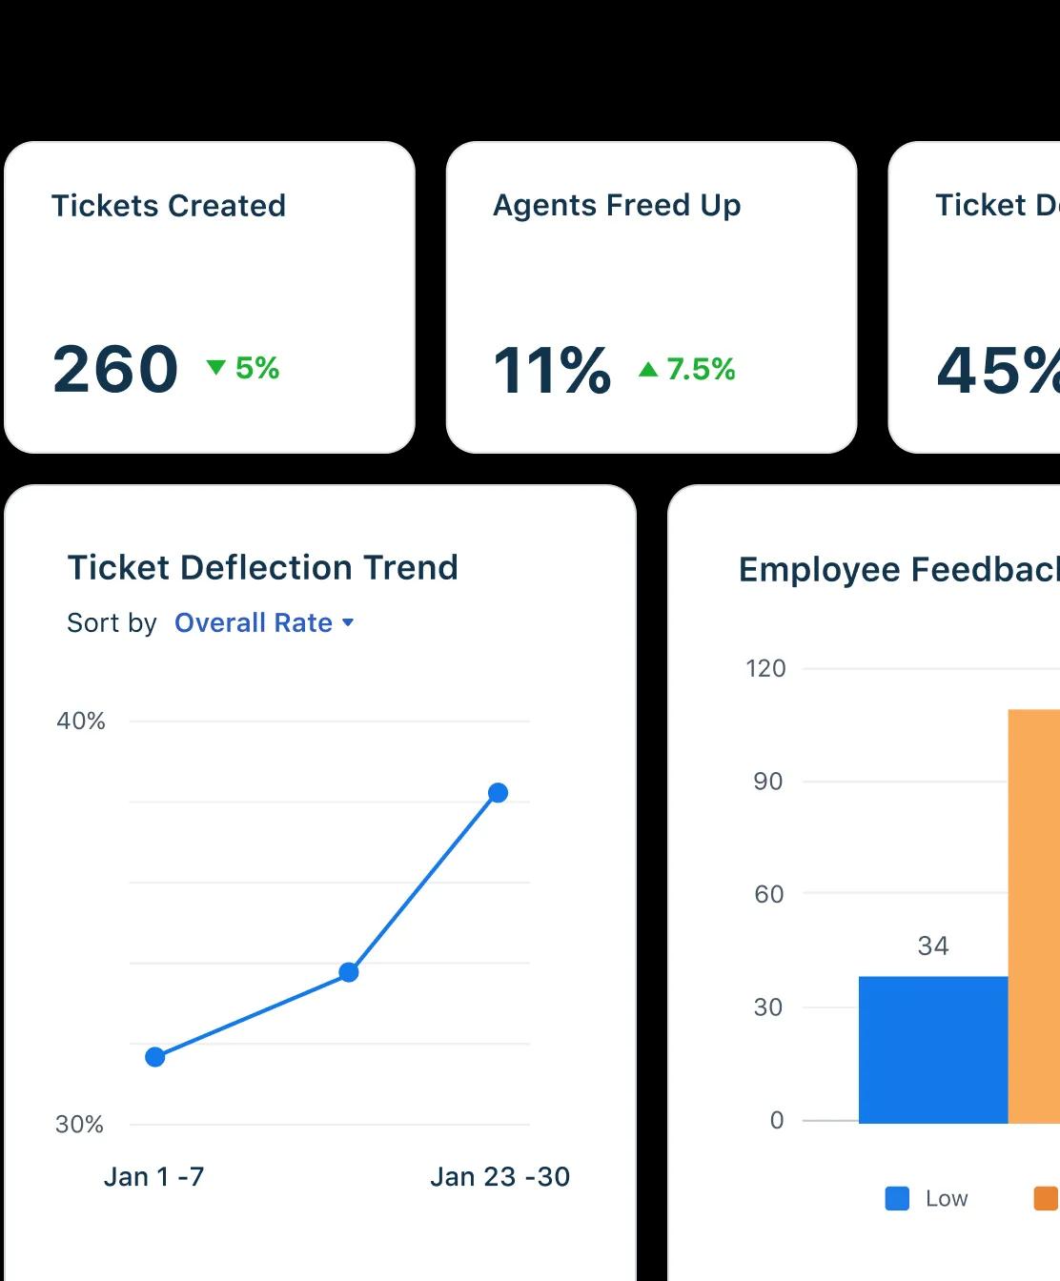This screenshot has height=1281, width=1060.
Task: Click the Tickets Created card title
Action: tap(169, 206)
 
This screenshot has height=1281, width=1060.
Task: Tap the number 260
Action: tap(115, 369)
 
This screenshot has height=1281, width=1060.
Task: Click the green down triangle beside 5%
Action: tap(216, 367)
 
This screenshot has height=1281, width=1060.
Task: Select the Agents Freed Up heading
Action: tap(617, 206)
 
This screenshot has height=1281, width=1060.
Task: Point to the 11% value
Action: tap(552, 370)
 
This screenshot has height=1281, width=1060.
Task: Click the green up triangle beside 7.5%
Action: tap(648, 369)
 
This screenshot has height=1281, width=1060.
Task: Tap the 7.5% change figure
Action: tap(701, 369)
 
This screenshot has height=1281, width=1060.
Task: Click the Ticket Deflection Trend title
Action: tap(262, 568)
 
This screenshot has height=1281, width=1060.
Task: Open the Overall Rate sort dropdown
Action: tap(263, 622)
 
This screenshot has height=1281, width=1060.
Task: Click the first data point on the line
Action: tap(155, 1056)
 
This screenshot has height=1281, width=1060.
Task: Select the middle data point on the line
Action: tap(349, 972)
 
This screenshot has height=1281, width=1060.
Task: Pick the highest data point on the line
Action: tap(498, 793)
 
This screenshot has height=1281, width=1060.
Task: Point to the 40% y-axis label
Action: tap(81, 722)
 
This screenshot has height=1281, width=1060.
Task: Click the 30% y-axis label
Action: tap(80, 1125)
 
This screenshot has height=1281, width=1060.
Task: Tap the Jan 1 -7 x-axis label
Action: tap(153, 1177)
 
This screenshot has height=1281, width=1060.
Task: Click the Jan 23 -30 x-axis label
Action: tap(499, 1177)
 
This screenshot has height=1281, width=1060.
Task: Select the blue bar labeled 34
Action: tap(932, 1048)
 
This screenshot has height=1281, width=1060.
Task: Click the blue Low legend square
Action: tap(897, 1198)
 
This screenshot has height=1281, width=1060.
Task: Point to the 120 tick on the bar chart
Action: tap(766, 668)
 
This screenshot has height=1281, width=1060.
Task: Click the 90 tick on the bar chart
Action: tap(768, 782)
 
